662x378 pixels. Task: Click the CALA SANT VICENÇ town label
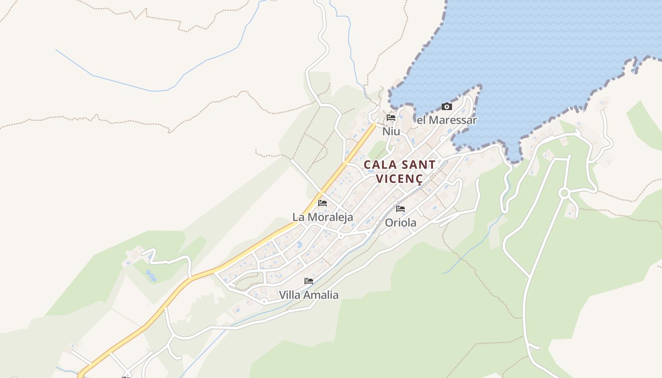tap(400, 172)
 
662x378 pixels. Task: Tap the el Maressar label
tap(446, 120)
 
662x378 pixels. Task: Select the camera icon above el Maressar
tap(446, 106)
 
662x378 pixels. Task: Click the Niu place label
tap(391, 131)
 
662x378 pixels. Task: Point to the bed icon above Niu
tap(391, 118)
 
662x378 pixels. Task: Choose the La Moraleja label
tap(322, 217)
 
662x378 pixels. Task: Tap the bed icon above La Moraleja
tap(322, 203)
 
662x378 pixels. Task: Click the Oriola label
tap(401, 222)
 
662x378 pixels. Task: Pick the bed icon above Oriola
tap(401, 208)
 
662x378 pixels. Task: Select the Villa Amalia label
tap(309, 295)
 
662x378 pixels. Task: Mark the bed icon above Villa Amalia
tap(309, 281)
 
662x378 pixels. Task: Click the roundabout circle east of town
tap(564, 193)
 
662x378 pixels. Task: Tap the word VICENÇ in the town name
tap(400, 179)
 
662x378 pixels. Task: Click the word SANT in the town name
tap(418, 165)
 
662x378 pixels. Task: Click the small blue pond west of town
tap(151, 275)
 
